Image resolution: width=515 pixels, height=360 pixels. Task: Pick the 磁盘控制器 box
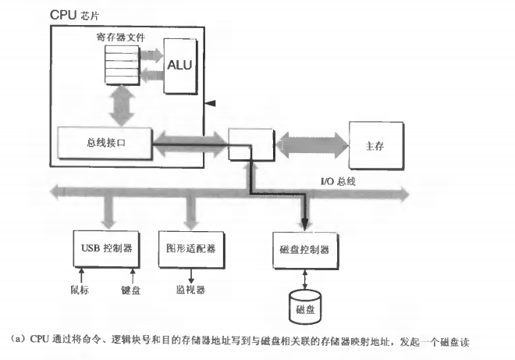tap(304, 249)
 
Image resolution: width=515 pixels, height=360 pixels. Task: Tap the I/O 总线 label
tap(338, 181)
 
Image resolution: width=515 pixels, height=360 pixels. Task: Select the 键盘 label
tap(130, 289)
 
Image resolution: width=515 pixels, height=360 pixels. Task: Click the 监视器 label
tap(189, 289)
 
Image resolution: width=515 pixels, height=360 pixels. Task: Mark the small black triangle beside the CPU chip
tap(208, 104)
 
